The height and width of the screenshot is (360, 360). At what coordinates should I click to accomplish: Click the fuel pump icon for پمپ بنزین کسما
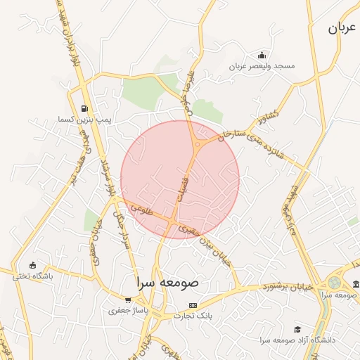pyautogui.click(x=85, y=109)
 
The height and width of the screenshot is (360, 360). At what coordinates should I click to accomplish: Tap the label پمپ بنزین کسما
pyautogui.click(x=86, y=120)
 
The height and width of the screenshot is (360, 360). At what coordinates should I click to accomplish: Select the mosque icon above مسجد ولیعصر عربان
pyautogui.click(x=262, y=56)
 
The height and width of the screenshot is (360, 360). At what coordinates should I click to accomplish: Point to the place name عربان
pyautogui.click(x=343, y=29)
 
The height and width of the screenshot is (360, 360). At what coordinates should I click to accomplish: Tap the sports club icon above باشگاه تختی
pyautogui.click(x=32, y=265)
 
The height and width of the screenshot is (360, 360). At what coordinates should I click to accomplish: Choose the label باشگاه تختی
pyautogui.click(x=32, y=276)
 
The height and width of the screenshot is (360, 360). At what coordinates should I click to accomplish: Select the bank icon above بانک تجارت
pyautogui.click(x=193, y=305)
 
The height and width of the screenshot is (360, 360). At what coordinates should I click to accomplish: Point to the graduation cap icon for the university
pyautogui.click(x=297, y=329)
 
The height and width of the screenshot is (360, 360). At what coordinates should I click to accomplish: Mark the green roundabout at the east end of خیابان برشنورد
pyautogui.click(x=334, y=283)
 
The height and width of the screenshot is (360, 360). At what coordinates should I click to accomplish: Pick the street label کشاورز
pyautogui.click(x=269, y=115)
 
